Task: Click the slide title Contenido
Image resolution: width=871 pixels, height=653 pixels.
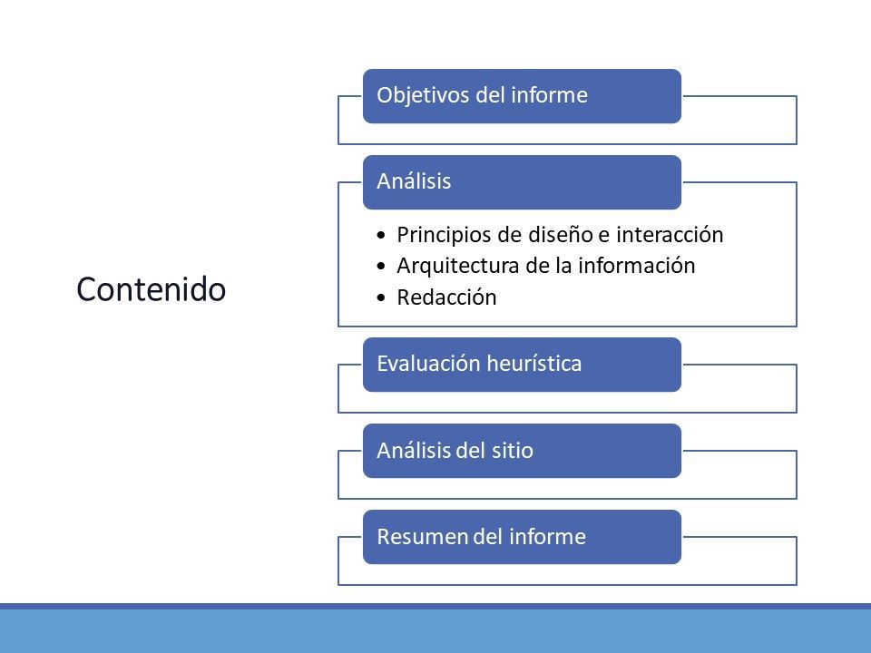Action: pos(152,289)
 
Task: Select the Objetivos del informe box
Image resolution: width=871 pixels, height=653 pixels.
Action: pos(523,96)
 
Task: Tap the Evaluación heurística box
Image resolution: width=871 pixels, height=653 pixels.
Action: pos(523,365)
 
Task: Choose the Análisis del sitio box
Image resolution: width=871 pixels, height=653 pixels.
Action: pos(523,451)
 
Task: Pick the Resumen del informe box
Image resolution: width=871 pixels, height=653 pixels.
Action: pos(523,537)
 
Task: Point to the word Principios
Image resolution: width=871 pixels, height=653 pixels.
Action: pos(445,236)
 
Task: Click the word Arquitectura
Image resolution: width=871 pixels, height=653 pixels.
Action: pos(458,266)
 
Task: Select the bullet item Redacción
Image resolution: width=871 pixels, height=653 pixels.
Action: pos(446,297)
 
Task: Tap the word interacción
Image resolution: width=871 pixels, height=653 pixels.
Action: pos(670,235)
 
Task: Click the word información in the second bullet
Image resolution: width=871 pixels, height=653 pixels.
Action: pos(637,266)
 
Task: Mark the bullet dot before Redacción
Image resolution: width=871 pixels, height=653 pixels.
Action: pos(380,297)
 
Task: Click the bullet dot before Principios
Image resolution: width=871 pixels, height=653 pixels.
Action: pos(380,236)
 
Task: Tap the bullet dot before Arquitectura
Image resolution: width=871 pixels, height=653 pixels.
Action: pos(380,266)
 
